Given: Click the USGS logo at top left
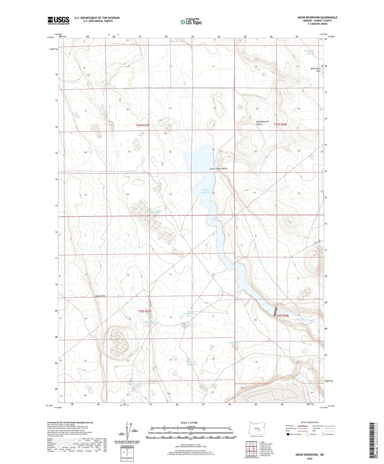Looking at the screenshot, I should (x=58, y=20).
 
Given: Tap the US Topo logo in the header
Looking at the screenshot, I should (x=191, y=22).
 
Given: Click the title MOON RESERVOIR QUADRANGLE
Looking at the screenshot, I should (x=317, y=18).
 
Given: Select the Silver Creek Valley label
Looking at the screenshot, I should (x=218, y=169).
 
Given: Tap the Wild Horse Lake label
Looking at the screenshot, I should (x=316, y=70).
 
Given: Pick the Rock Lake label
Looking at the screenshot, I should (x=309, y=50).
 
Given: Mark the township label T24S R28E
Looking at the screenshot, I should (x=280, y=124).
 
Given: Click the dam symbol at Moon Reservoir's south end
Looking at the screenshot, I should (x=275, y=311).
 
